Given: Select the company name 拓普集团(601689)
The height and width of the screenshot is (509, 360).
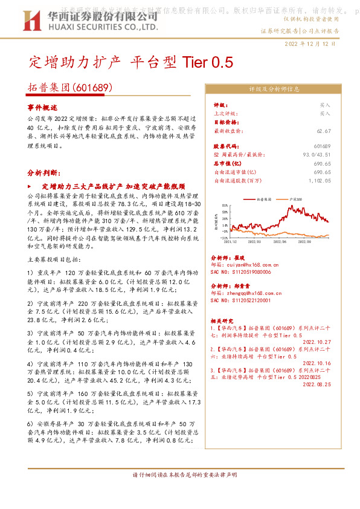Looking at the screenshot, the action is (x=71, y=87).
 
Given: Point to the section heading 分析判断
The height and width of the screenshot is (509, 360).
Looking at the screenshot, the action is (x=44, y=172).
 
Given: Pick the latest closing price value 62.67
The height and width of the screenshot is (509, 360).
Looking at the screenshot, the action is (x=324, y=131).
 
